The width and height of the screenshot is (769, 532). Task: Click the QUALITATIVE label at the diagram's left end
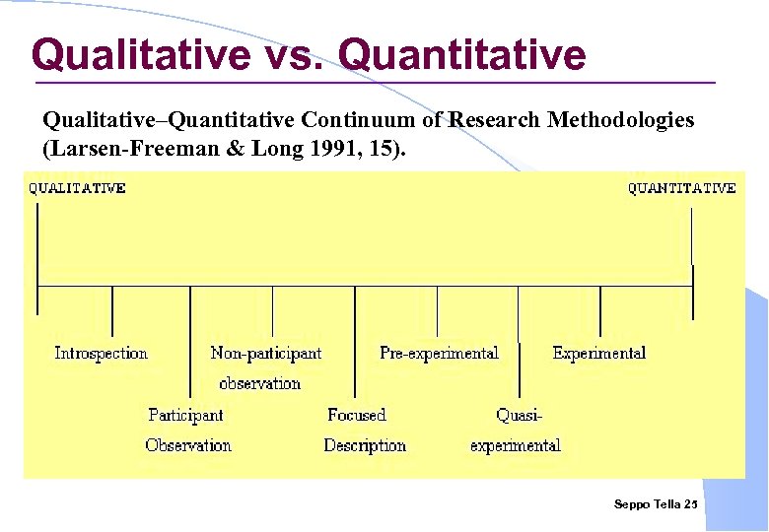click(77, 188)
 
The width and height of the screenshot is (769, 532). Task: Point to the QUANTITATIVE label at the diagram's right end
click(682, 188)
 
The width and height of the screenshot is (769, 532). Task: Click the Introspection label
click(101, 353)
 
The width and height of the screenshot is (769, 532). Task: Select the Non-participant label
click(265, 353)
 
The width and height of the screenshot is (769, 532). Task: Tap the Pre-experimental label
click(439, 353)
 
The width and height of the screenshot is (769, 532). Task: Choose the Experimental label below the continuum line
click(599, 353)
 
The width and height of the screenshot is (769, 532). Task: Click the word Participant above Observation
click(185, 415)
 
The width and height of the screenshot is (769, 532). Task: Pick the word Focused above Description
click(356, 415)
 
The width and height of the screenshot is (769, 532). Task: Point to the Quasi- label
click(520, 415)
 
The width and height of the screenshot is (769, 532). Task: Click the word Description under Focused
click(365, 445)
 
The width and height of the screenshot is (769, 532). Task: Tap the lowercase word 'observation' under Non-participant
click(259, 383)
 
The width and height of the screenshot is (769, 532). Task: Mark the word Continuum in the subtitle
click(347, 120)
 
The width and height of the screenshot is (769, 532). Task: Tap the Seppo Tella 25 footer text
click(655, 504)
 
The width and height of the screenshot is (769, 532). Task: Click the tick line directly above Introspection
click(112, 310)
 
